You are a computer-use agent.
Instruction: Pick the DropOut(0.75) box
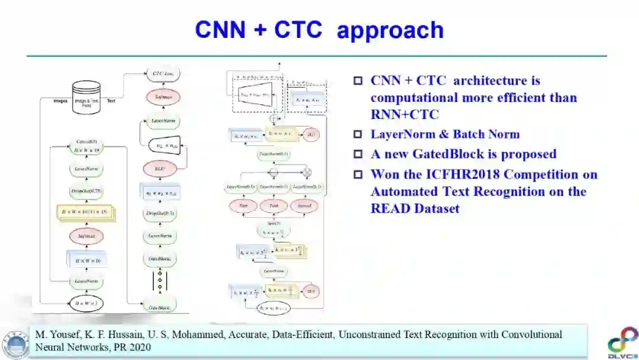[x=87, y=191]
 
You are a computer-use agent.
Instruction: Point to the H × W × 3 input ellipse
[x=87, y=304]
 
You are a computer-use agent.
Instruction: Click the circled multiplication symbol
[x=307, y=172]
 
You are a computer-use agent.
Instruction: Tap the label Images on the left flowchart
[x=60, y=101]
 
